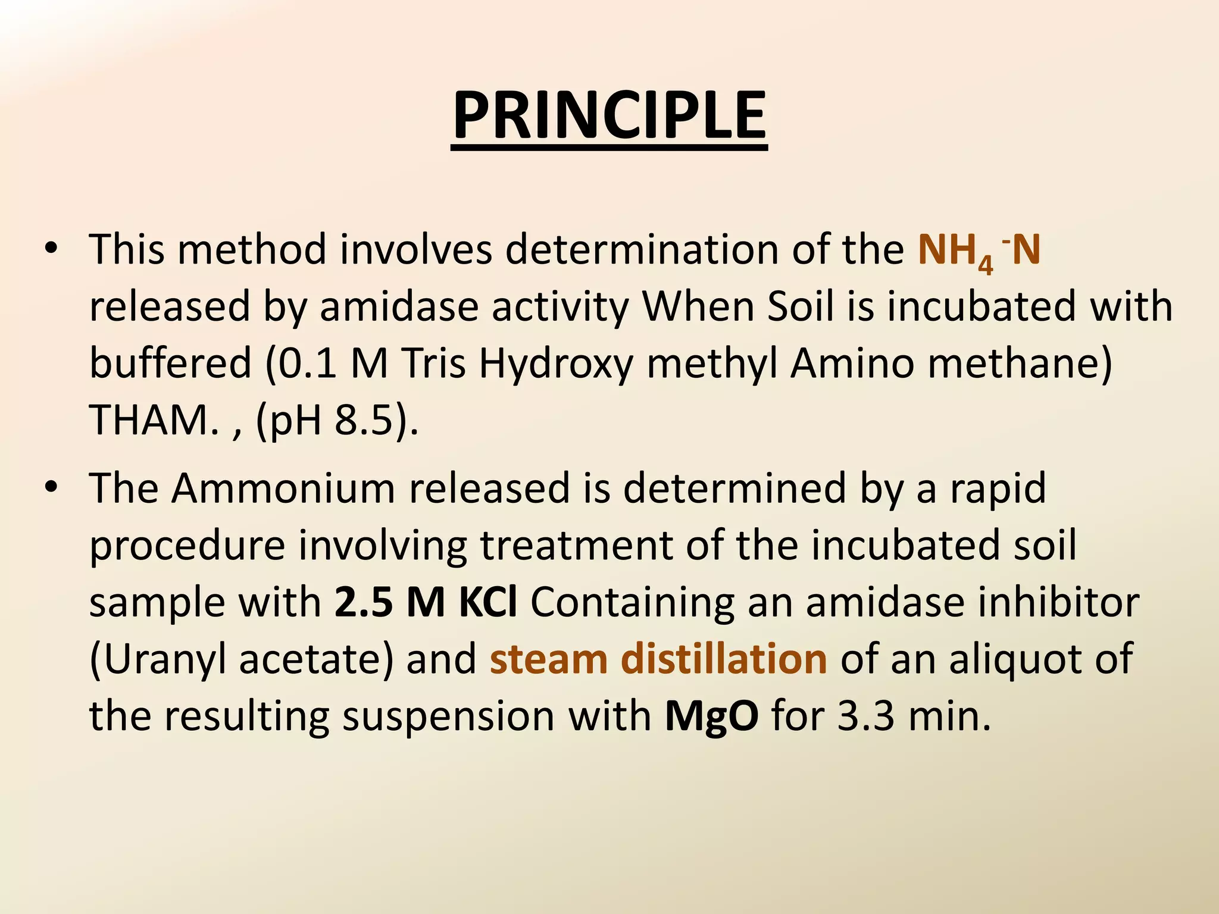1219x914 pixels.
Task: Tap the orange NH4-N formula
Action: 979,251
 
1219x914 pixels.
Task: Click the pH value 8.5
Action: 364,421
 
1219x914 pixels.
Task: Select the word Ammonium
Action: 284,489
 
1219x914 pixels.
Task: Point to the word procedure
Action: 187,546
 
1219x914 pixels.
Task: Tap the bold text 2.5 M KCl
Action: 426,602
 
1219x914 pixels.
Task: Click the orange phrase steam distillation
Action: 658,659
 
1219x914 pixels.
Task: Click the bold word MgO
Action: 711,716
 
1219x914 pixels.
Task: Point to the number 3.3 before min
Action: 865,716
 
